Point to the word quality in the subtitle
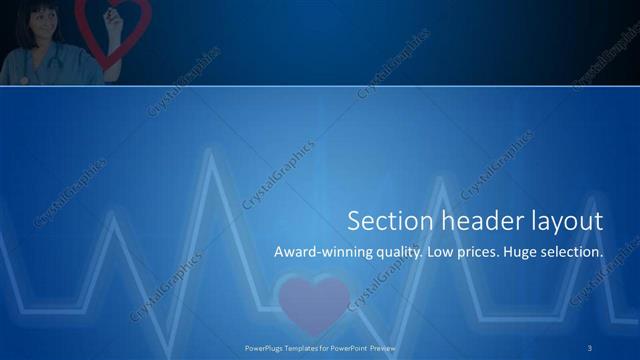[x=397, y=253]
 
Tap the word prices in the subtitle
[x=483, y=253]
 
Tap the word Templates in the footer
[x=305, y=349]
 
